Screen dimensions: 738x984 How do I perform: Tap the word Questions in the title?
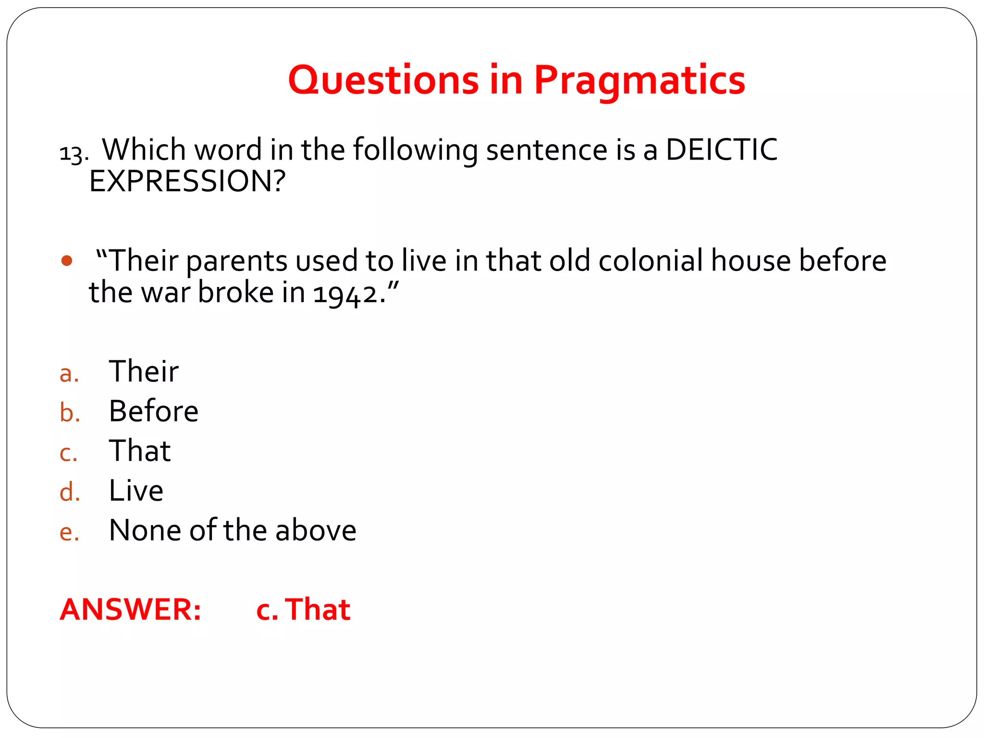pos(383,80)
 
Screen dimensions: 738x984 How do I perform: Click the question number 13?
pos(74,154)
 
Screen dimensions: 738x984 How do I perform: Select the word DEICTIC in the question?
pos(721,149)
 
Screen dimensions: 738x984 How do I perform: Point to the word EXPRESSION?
pos(187,181)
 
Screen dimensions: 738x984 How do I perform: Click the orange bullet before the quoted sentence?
pos(67,261)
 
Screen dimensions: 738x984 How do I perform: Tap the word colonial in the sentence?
pos(651,261)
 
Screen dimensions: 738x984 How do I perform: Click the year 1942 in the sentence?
pos(345,293)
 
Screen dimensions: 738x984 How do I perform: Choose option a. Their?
pos(143,371)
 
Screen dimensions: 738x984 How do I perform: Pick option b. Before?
pos(153,411)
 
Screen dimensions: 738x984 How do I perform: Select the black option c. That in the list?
pos(139,451)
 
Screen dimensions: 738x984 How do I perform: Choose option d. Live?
pos(136,491)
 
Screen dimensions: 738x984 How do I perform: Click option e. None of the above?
pos(232,530)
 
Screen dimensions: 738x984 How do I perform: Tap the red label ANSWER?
pos(130,609)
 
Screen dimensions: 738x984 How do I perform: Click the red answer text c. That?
pos(303,609)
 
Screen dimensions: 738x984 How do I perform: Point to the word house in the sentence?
pos(750,261)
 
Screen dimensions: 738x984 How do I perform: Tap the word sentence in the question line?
pos(547,149)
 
